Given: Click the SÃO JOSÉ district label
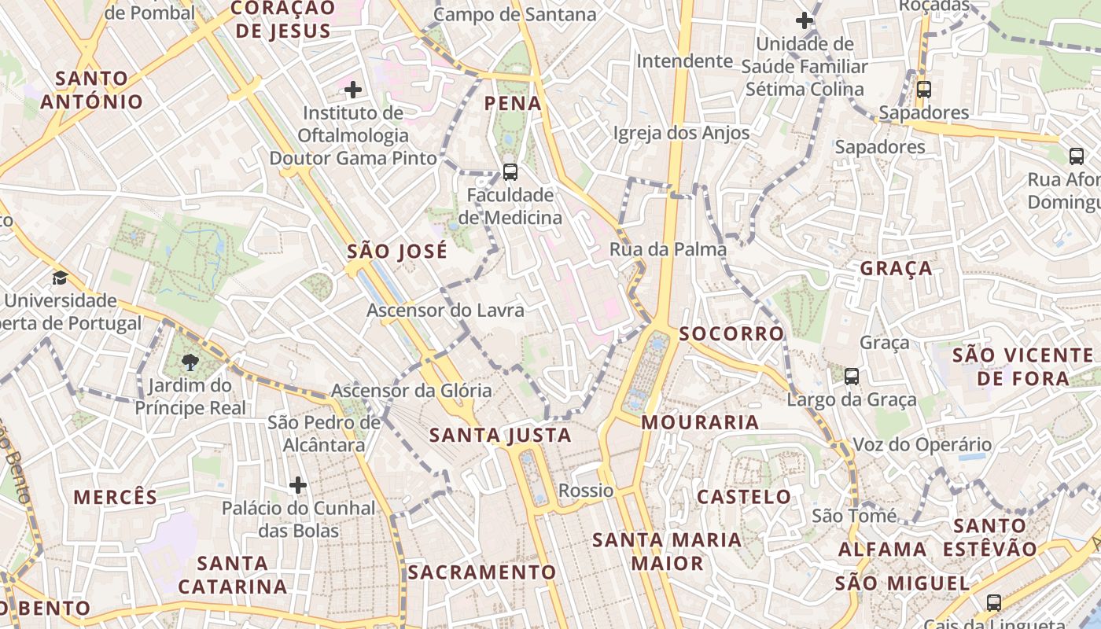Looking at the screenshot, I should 397,252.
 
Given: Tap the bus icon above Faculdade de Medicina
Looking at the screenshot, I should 510,171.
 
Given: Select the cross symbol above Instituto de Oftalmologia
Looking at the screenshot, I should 353,90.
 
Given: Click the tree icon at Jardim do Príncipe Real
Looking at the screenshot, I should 190,362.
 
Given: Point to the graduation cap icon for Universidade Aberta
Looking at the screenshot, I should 60,278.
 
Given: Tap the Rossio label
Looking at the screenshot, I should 586,491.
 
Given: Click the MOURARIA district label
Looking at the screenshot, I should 700,422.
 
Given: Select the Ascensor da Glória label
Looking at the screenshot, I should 411,390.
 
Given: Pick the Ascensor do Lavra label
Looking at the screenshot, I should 445,310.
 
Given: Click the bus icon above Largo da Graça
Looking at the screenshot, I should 851,376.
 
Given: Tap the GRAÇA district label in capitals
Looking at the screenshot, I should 896,268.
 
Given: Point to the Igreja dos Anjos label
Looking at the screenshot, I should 681,133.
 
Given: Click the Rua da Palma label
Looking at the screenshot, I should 668,249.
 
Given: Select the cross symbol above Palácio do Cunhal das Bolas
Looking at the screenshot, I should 297,485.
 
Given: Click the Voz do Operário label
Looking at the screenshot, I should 922,444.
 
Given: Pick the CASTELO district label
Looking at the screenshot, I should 744,496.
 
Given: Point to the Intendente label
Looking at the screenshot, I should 684,61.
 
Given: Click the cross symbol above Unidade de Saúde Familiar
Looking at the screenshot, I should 804,20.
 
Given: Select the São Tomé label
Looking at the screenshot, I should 854,516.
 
